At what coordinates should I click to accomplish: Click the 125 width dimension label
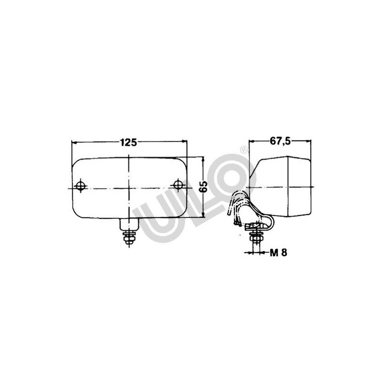pyautogui.click(x=129, y=142)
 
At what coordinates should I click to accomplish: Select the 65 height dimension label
pyautogui.click(x=203, y=187)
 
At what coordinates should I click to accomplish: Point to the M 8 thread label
pyautogui.click(x=278, y=253)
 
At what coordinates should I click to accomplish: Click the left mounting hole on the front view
pyautogui.click(x=81, y=185)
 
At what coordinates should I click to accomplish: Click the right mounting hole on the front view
pyautogui.click(x=178, y=185)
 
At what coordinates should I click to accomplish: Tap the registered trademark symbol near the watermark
pyautogui.click(x=244, y=150)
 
